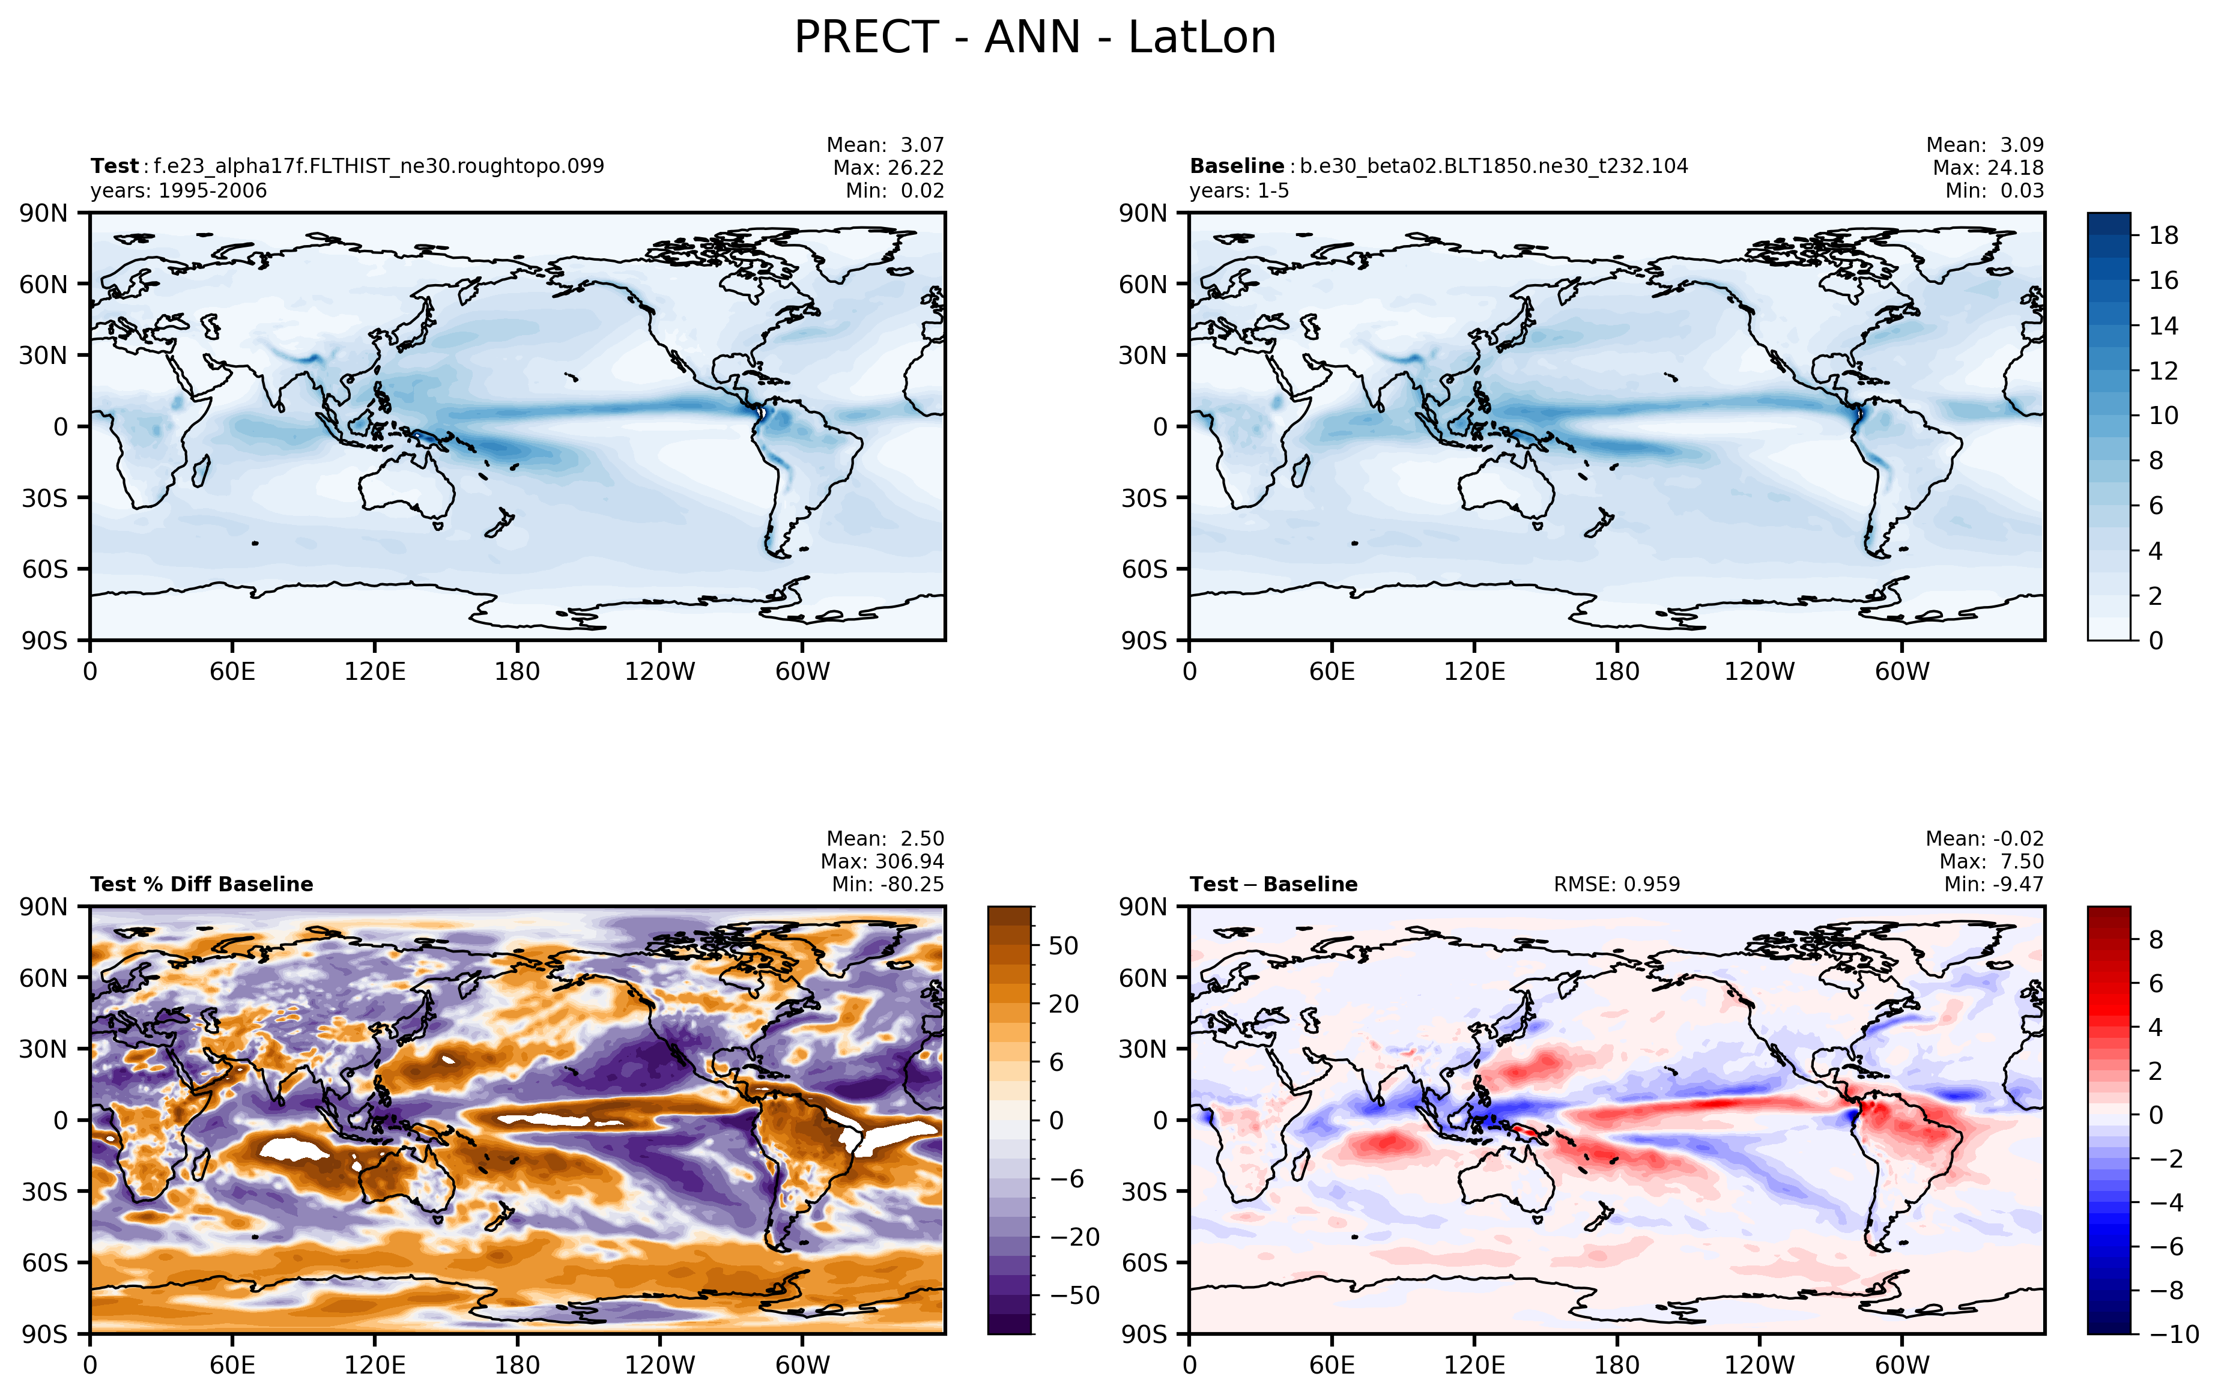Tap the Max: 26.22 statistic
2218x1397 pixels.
[x=888, y=168]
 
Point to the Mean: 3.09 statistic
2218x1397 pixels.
[x=1985, y=145]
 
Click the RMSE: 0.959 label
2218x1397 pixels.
[x=1617, y=884]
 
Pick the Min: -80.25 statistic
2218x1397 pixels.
[x=888, y=884]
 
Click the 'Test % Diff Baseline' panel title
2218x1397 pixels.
[x=202, y=884]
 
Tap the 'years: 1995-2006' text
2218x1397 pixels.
[x=179, y=190]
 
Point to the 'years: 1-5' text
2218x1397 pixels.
[x=1239, y=190]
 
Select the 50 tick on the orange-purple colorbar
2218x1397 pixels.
[x=1063, y=946]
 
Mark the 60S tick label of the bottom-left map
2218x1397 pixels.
[x=45, y=1262]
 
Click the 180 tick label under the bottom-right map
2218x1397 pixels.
[x=1617, y=1365]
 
